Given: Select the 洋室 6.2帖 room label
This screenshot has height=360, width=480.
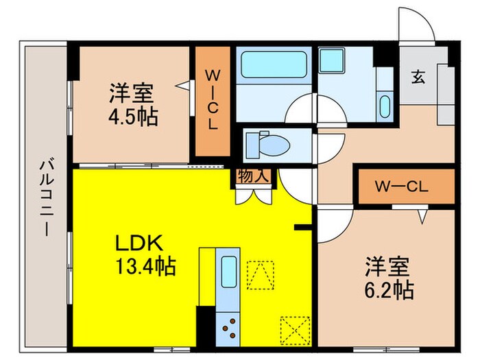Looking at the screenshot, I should coord(388,278).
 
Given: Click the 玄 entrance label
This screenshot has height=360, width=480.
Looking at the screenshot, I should coord(418,77).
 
